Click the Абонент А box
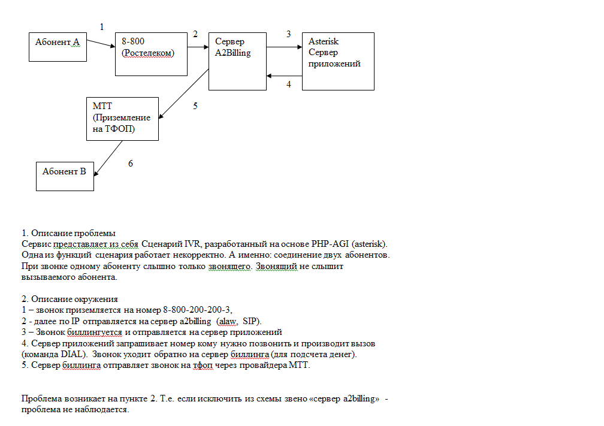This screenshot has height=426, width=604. tap(58, 47)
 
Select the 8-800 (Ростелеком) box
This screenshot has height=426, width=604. tap(151, 54)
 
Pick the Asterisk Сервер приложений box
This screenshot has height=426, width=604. tap(338, 61)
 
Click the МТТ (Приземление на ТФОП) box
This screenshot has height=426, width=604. tap(122, 119)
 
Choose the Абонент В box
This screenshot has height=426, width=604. tap(65, 176)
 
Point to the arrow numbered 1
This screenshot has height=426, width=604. tap(101, 43)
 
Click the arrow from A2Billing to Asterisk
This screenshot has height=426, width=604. tap(285, 47)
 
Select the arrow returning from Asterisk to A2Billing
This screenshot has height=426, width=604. tap(285, 75)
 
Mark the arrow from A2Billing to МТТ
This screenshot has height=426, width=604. tap(184, 94)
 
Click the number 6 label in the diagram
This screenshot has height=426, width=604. tap(131, 163)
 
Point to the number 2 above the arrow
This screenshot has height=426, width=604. tap(195, 34)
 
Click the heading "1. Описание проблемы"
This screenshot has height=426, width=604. tap(68, 233)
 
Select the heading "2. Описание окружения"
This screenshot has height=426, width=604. tap(70, 299)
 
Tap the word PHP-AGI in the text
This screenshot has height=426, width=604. tap(333, 244)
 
